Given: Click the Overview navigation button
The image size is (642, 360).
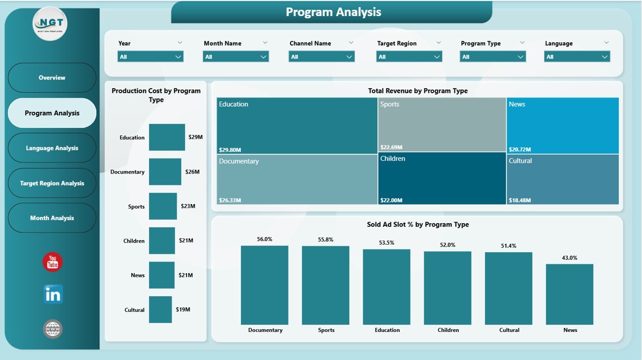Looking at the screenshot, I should tap(52, 78).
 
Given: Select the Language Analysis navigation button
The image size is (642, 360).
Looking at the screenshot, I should tap(52, 148).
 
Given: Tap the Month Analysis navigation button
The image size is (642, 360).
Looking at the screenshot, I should tap(52, 218).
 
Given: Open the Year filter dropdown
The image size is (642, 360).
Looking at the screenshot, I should tap(150, 57).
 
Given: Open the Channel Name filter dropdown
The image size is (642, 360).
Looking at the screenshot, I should tap(322, 57).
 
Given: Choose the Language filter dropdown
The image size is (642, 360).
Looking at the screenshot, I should tap(577, 57).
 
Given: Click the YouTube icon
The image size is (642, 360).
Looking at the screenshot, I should tap(53, 262).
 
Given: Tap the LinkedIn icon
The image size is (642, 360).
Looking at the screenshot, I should tap(53, 295).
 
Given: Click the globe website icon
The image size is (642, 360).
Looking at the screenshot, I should tap(53, 329).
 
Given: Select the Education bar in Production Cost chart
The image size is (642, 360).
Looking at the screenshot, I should tap(167, 137).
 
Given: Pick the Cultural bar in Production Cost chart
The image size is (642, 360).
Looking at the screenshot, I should tap(160, 309).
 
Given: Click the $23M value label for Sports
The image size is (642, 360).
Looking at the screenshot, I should tap(188, 206).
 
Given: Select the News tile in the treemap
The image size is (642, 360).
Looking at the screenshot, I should tap(562, 125).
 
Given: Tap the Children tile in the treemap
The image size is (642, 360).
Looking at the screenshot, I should tap(441, 178).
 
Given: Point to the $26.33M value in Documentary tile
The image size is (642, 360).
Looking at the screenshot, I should tap(230, 200).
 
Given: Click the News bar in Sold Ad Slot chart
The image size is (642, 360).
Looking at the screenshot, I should tap(569, 294).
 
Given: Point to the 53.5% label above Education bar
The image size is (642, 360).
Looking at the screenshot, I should tap(387, 243).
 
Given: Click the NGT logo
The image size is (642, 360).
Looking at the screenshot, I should tap(50, 24).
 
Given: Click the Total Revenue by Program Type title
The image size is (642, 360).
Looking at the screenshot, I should tap(417, 91).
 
